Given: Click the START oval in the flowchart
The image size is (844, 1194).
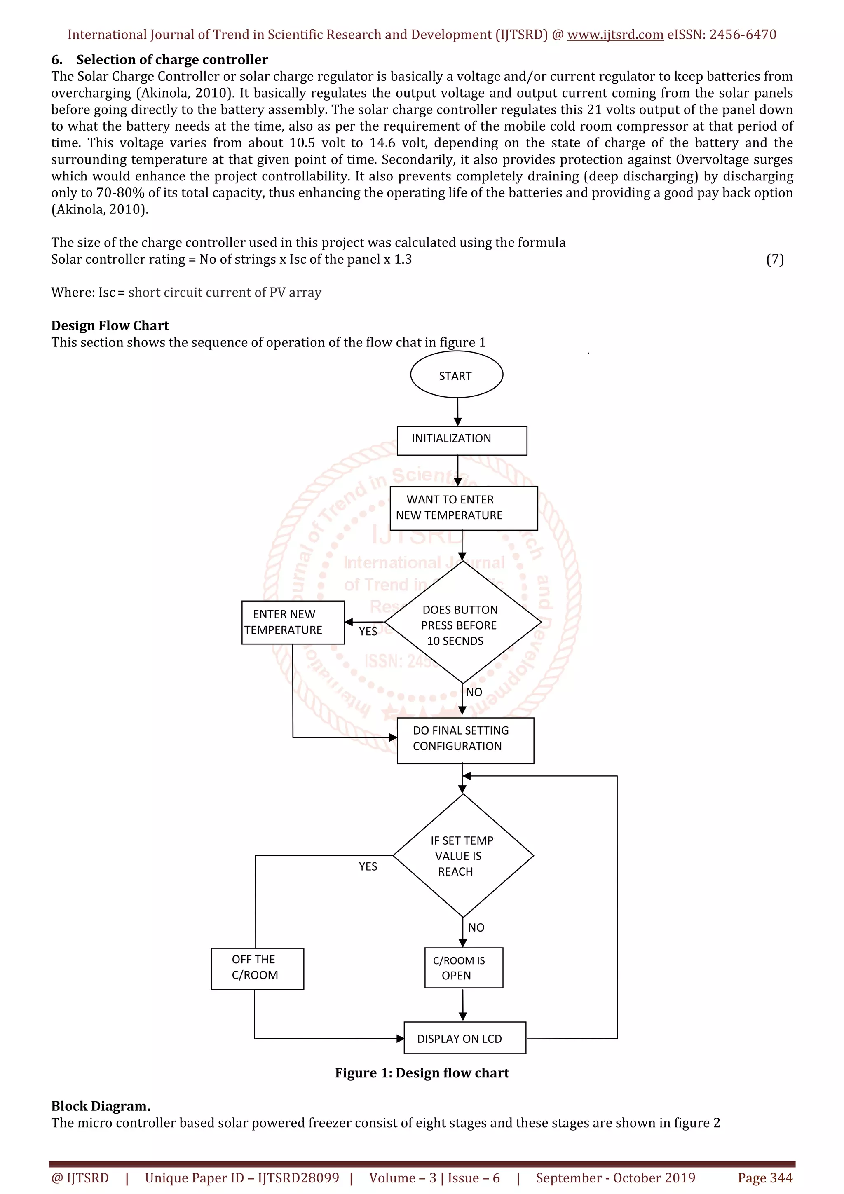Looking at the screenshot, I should (x=456, y=375).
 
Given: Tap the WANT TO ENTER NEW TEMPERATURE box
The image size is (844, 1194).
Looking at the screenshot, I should (x=463, y=508).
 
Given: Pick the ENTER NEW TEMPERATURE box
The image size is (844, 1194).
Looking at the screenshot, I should (x=292, y=623).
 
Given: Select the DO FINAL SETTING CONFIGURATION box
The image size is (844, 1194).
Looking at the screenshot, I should (x=465, y=740).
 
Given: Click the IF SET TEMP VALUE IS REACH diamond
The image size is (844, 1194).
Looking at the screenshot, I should (x=463, y=855).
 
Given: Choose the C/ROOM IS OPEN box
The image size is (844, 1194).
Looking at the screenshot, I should (x=463, y=968).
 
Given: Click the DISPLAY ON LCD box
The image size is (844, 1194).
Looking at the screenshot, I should (x=464, y=1038).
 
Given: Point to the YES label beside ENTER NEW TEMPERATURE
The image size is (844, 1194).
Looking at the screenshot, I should (x=368, y=631).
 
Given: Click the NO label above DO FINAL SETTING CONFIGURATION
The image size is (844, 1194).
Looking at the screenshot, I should (x=474, y=692).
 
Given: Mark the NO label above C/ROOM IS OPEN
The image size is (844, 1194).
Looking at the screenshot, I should (x=476, y=927).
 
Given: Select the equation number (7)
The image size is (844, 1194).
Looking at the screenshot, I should (x=775, y=259).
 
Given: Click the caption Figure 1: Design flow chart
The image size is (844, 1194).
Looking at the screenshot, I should (x=422, y=1073).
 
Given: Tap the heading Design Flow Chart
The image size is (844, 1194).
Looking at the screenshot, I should (x=110, y=325).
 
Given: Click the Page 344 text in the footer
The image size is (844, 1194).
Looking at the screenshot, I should (x=765, y=1178).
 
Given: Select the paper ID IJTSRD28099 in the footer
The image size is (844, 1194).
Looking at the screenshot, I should (x=298, y=1178).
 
